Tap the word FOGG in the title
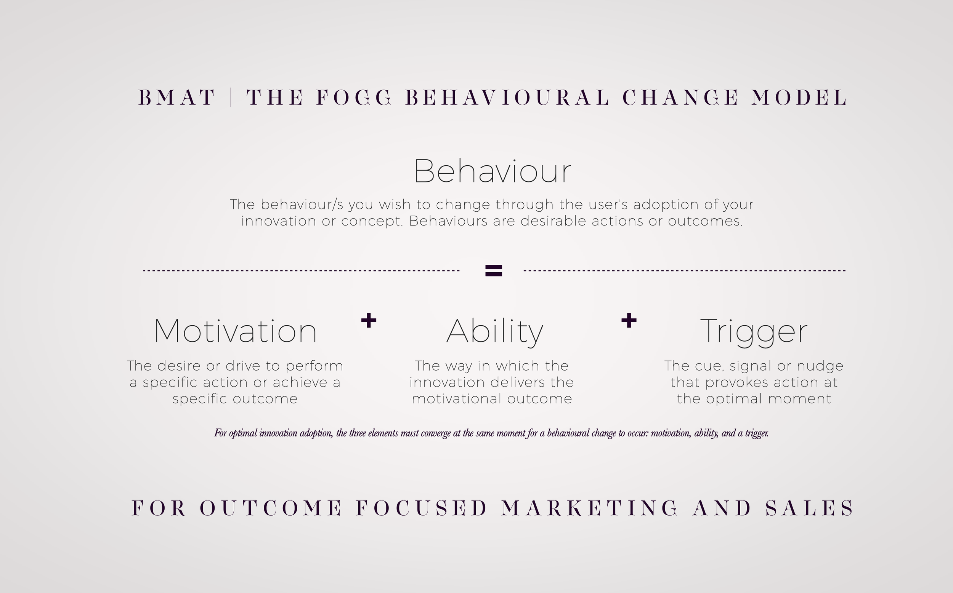click(354, 98)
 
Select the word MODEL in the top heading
click(799, 98)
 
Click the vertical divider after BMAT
click(230, 98)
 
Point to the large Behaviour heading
click(493, 171)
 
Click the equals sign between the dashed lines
click(494, 271)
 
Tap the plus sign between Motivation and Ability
click(369, 320)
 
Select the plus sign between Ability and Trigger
click(629, 320)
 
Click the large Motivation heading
click(235, 331)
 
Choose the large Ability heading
click(494, 332)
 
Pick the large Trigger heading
click(754, 332)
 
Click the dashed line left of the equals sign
click(302, 271)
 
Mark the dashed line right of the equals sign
click(685, 271)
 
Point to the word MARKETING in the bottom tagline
click(590, 508)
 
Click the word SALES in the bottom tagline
click(809, 508)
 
